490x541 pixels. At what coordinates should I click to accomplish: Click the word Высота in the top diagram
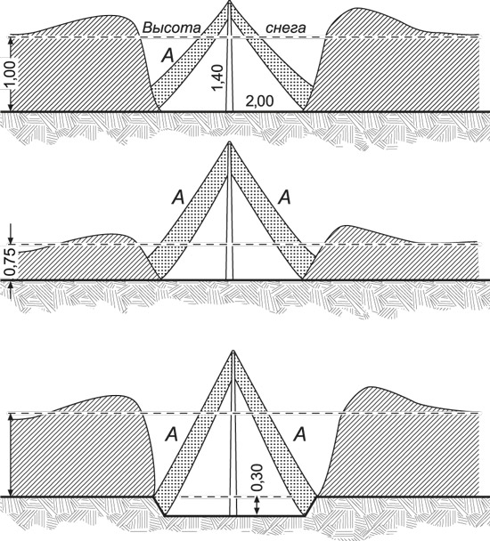pyautogui.click(x=171, y=28)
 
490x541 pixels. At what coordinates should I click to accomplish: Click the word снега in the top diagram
pyautogui.click(x=285, y=28)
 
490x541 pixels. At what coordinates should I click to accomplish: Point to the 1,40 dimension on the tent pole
pyautogui.click(x=218, y=78)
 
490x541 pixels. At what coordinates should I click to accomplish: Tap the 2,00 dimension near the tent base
pyautogui.click(x=259, y=101)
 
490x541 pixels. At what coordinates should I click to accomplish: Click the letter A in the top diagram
pyautogui.click(x=168, y=55)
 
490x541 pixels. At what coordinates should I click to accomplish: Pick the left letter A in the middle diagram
pyautogui.click(x=178, y=198)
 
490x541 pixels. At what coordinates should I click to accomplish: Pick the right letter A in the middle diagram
pyautogui.click(x=285, y=198)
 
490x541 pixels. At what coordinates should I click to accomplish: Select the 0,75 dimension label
pyautogui.click(x=11, y=262)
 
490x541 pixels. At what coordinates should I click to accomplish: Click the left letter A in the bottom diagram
pyautogui.click(x=171, y=435)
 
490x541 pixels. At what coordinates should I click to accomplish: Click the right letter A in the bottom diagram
pyautogui.click(x=299, y=435)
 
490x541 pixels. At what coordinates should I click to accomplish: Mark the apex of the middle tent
pyautogui.click(x=230, y=142)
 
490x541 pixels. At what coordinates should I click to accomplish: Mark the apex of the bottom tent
pyautogui.click(x=233, y=351)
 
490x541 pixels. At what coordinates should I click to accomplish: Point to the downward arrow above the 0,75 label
pyautogui.click(x=11, y=234)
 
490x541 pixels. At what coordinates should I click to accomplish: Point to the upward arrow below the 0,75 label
pyautogui.click(x=11, y=289)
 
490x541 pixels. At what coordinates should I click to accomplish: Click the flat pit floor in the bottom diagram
pyautogui.click(x=235, y=516)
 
